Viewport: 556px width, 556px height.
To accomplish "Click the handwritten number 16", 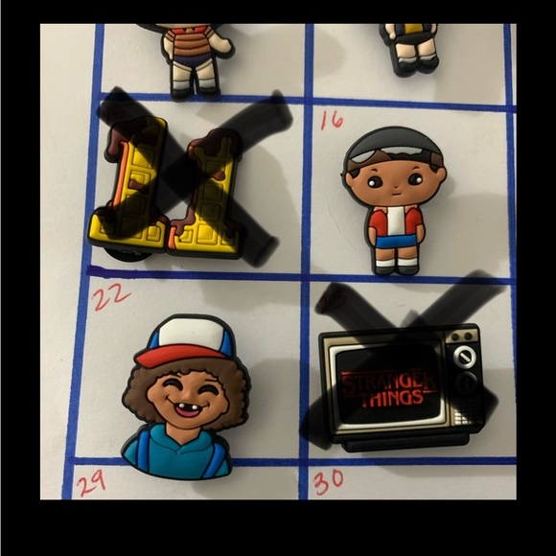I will [x=332, y=120].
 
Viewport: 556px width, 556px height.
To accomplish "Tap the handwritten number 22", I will [x=111, y=296].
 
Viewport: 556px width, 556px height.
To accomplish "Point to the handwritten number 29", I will [x=90, y=483].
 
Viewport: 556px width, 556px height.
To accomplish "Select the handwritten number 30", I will [x=328, y=481].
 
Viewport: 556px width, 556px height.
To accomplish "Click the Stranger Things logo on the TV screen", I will [x=382, y=387].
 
